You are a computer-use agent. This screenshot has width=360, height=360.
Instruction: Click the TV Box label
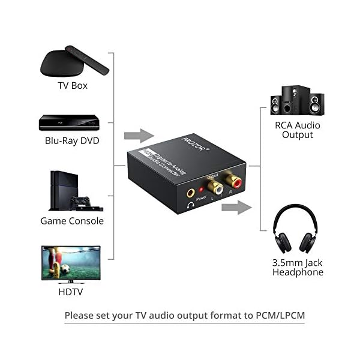73,85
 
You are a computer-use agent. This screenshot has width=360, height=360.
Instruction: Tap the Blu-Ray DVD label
72,141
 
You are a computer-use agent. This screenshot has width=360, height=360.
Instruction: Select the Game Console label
72,221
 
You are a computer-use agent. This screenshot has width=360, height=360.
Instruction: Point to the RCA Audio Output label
298,130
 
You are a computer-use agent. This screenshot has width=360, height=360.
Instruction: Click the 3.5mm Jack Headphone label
298,267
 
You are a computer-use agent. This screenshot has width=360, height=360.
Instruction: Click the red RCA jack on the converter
231,180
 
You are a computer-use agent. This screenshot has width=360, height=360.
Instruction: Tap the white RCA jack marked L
213,187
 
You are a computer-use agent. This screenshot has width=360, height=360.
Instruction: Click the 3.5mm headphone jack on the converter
191,194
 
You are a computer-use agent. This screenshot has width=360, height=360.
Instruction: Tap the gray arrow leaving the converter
235,208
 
